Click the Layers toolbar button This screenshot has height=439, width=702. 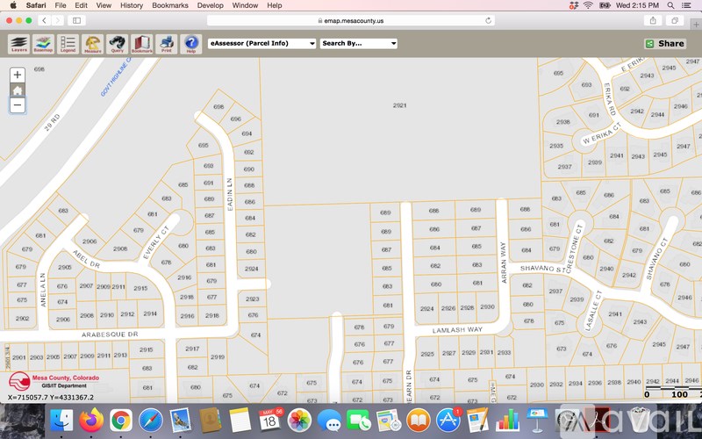coord(19,43)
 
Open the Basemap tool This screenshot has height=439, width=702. coord(43,43)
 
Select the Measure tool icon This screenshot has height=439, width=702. coord(92,43)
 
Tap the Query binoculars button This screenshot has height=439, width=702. coord(117,43)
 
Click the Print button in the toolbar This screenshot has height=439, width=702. coord(166,43)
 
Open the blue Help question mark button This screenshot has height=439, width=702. coord(190,43)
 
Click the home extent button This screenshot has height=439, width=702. coord(18,90)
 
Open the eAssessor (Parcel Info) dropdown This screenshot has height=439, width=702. coord(261,43)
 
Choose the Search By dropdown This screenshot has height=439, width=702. coord(358,43)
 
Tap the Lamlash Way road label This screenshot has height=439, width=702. coord(457,330)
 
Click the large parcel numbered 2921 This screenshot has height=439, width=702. coord(399,105)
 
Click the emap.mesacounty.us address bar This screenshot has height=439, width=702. coord(351,19)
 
